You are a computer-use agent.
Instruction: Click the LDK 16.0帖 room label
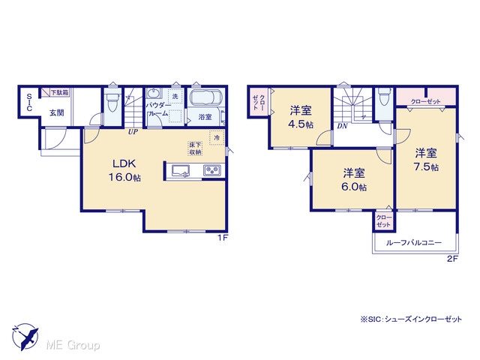point(124,170)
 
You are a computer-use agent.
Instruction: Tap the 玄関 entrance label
point(57,112)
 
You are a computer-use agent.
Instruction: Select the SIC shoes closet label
point(29,103)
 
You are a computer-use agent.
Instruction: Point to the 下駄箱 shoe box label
point(59,92)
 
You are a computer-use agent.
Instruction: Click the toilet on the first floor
point(112,101)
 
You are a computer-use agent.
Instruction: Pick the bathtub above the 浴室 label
point(205,97)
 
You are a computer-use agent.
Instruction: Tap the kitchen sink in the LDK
point(180,170)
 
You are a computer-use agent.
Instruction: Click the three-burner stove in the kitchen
point(211,170)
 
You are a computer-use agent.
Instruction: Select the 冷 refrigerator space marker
point(217,137)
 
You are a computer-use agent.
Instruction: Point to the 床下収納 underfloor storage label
point(195,148)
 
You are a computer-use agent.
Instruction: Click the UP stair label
point(133,132)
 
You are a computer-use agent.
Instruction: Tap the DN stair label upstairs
point(342,126)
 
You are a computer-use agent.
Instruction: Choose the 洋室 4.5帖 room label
point(301,117)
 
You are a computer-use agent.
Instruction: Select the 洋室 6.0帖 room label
point(354,180)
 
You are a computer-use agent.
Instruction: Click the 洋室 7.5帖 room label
point(426,160)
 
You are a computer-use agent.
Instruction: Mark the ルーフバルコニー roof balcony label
point(414,243)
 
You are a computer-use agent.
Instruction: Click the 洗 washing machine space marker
point(175,97)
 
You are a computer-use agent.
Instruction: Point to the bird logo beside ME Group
point(25,337)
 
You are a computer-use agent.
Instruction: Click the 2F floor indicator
point(452,259)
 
